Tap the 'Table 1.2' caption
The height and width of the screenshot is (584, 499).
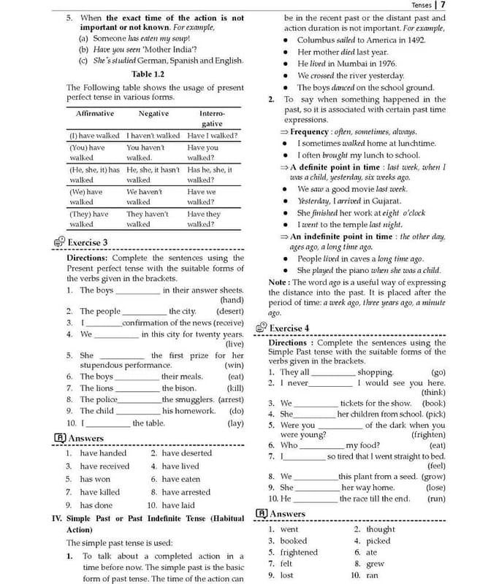(148, 74)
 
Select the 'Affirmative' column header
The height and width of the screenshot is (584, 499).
(95, 114)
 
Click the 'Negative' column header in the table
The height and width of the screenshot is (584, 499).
(153, 114)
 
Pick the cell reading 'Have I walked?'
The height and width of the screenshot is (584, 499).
(212, 136)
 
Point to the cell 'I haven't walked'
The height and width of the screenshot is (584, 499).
(153, 136)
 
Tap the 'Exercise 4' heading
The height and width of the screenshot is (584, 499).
(289, 328)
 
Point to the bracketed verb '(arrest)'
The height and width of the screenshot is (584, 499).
(231, 399)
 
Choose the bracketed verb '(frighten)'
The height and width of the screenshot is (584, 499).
(428, 434)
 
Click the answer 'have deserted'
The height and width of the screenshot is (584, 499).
(187, 453)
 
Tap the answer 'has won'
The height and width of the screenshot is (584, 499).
(96, 479)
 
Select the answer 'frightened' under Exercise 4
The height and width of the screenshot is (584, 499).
(299, 552)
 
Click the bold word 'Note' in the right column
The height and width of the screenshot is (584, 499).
(278, 282)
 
